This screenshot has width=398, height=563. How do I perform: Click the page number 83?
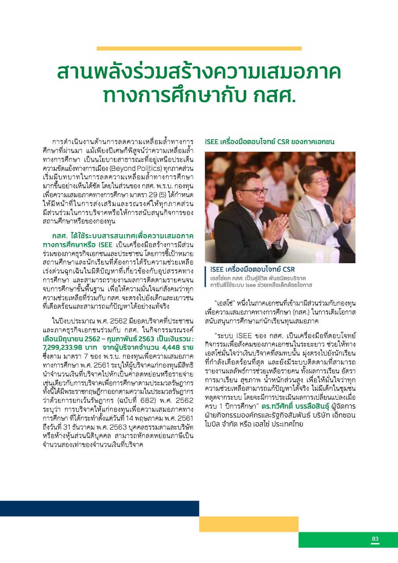pyautogui.click(x=375, y=539)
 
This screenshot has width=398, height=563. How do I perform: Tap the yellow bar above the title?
pyautogui.click(x=199, y=48)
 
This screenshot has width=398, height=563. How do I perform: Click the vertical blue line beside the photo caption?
pyautogui.click(x=206, y=277)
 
